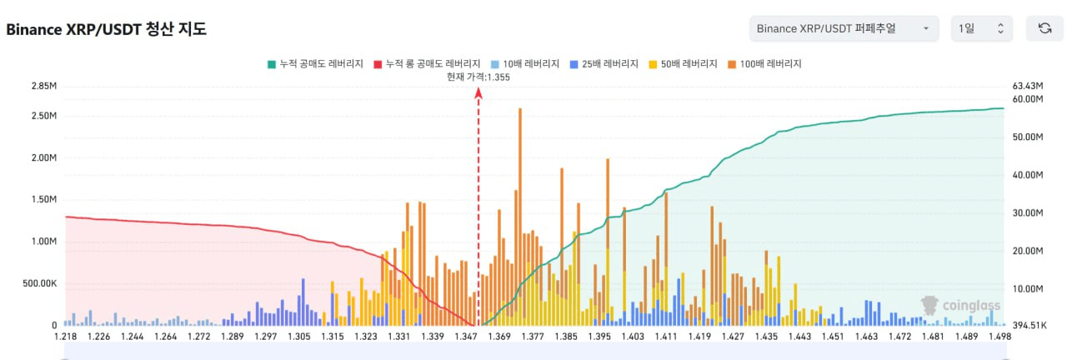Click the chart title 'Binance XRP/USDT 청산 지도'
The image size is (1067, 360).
(x=107, y=29)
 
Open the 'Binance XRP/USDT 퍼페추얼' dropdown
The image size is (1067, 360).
(x=844, y=28)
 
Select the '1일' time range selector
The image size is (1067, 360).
(x=981, y=28)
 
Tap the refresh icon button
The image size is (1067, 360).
(x=1044, y=28)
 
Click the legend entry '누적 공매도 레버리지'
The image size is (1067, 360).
(x=314, y=63)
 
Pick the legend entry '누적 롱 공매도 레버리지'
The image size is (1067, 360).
(x=427, y=63)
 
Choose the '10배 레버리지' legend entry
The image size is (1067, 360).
(x=524, y=63)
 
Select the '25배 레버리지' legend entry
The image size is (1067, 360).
(x=604, y=63)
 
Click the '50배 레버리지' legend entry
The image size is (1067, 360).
(x=682, y=63)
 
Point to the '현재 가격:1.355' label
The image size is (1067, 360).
(x=478, y=77)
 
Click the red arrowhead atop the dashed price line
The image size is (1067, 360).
(x=478, y=93)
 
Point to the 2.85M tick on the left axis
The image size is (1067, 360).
(x=43, y=86)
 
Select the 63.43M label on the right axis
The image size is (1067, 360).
(x=1028, y=86)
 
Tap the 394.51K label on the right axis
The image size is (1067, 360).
(x=1028, y=326)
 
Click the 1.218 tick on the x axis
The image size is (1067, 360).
(x=65, y=337)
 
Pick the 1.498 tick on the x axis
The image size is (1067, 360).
(x=999, y=337)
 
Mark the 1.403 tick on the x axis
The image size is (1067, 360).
(x=633, y=337)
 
